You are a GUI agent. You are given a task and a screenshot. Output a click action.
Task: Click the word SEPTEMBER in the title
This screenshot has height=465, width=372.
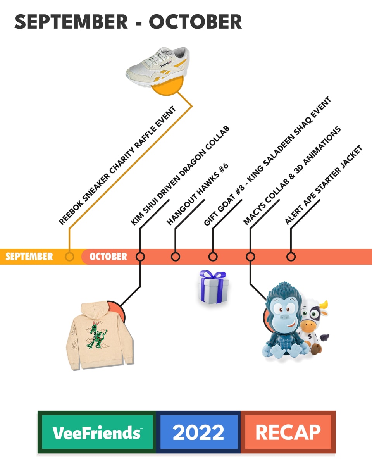[71, 22]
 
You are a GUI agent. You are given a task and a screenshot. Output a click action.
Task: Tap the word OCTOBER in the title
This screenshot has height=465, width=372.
[195, 22]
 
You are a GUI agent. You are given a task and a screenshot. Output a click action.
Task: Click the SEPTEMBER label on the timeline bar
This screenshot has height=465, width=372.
[29, 257]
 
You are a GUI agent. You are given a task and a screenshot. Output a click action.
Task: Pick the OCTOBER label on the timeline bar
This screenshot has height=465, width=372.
[108, 257]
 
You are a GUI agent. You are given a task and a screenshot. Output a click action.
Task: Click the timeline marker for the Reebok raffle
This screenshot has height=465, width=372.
[69, 257]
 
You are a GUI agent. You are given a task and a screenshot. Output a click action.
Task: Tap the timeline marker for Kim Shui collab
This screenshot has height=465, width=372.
[140, 257]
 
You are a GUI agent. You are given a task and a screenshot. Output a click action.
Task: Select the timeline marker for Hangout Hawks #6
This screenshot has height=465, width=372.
[176, 257]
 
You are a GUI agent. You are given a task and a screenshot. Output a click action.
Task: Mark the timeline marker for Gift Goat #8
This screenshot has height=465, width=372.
[213, 257]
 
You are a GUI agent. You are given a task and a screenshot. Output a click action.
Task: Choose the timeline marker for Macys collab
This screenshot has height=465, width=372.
[250, 257]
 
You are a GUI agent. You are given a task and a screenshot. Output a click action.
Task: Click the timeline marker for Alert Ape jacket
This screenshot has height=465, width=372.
[291, 257]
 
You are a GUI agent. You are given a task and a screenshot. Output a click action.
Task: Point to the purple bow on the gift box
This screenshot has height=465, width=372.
[213, 276]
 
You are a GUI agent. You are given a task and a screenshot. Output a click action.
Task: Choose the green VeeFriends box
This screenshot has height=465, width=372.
[97, 432]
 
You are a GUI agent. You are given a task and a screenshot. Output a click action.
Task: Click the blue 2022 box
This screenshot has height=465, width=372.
[198, 432]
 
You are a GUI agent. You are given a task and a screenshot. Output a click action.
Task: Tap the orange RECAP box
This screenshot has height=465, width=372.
[288, 432]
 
